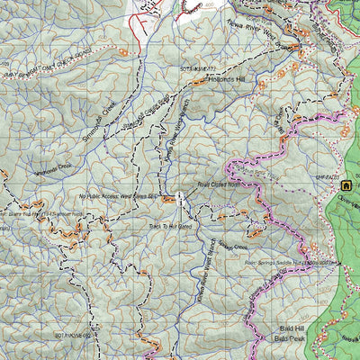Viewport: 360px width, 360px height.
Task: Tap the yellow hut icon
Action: [x=344, y=185]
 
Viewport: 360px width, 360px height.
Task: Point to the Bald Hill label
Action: [x=289, y=330]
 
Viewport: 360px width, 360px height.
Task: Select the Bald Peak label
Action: [x=289, y=340]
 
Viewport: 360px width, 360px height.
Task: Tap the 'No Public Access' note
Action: [x=118, y=195]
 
